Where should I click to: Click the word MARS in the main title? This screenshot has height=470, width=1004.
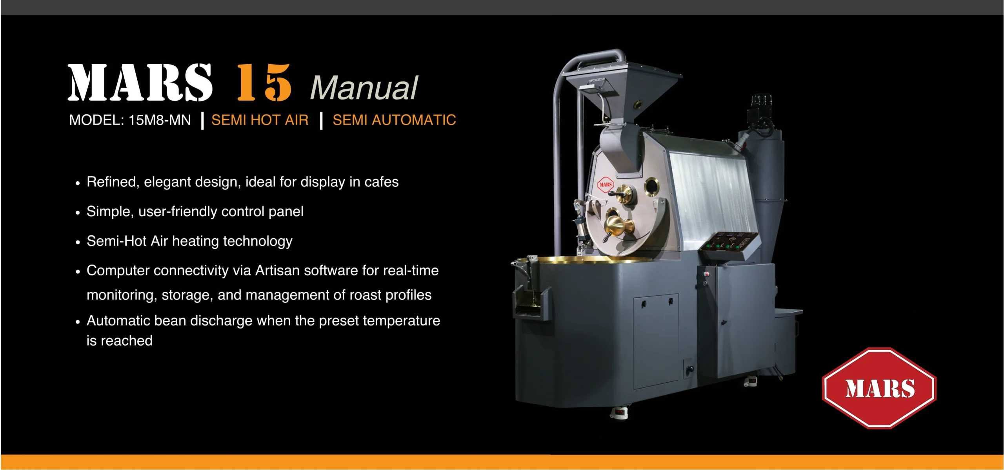pos(140,83)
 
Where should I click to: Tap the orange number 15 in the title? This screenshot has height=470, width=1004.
pos(264,83)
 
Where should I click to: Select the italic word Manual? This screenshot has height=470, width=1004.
pos(364,88)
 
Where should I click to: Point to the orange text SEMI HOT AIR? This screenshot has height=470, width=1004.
pos(260,120)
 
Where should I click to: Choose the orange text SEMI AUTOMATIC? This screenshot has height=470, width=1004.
pos(394,120)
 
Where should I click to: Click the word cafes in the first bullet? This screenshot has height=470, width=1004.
pos(382,182)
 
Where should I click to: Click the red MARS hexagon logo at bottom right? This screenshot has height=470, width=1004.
pos(879,388)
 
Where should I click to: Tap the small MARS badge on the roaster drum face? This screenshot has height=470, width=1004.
pos(606,184)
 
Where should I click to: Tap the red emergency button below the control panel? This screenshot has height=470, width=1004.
pos(707,274)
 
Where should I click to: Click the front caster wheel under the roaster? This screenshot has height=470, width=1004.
pos(619,413)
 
